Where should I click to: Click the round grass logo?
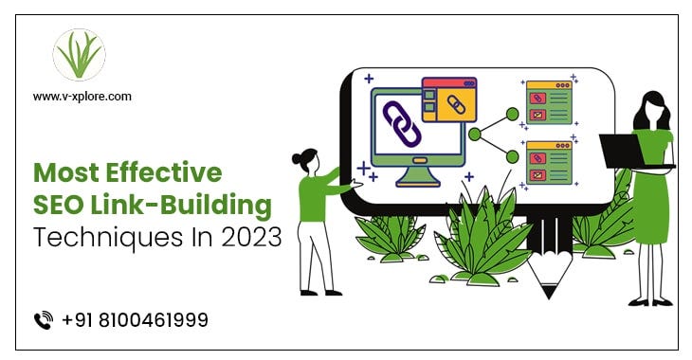pyautogui.click(x=80, y=56)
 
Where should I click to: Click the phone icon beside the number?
pyautogui.click(x=43, y=320)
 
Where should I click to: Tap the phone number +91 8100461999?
pyautogui.click(x=136, y=320)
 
